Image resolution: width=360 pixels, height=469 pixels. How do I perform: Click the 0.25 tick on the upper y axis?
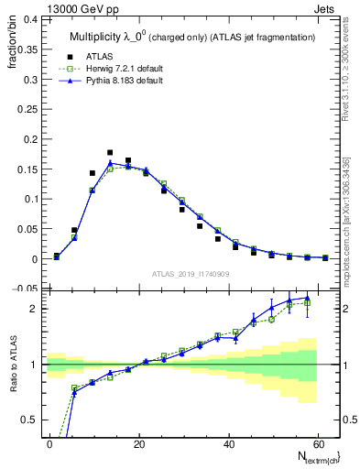pos(27,108)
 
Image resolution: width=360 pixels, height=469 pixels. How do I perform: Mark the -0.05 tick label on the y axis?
pos(26,289)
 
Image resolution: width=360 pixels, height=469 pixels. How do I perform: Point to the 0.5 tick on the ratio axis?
pos(30,420)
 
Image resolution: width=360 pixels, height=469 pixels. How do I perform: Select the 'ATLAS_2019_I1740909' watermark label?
pos(190,273)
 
